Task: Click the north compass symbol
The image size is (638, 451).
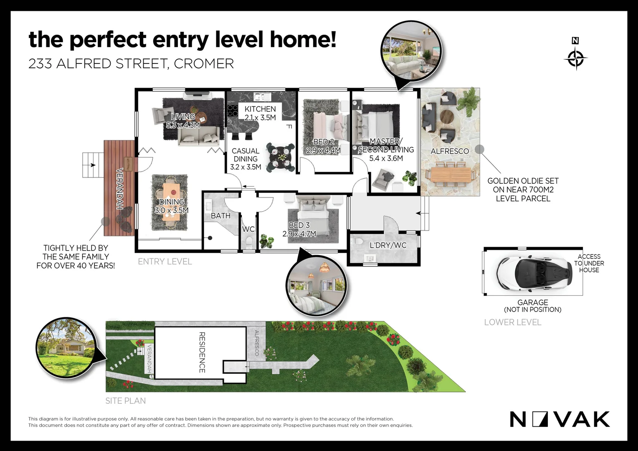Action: point(575,58)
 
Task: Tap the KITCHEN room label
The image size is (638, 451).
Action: point(260,109)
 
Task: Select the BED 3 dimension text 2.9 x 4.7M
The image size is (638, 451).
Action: point(299,234)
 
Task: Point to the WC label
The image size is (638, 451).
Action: point(248,229)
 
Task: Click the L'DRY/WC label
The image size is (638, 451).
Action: point(388,245)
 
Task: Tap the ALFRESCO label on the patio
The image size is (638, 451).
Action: point(450,151)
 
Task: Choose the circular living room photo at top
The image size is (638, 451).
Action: point(411,50)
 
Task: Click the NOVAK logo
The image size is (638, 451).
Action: point(560,419)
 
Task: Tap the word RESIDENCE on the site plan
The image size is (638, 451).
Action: point(202,352)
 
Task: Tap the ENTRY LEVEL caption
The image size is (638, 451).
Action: point(165,262)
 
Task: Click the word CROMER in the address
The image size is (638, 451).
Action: point(204,63)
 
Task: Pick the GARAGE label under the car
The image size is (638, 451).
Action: point(532,302)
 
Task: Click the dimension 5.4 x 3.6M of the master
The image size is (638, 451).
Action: point(386,158)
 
